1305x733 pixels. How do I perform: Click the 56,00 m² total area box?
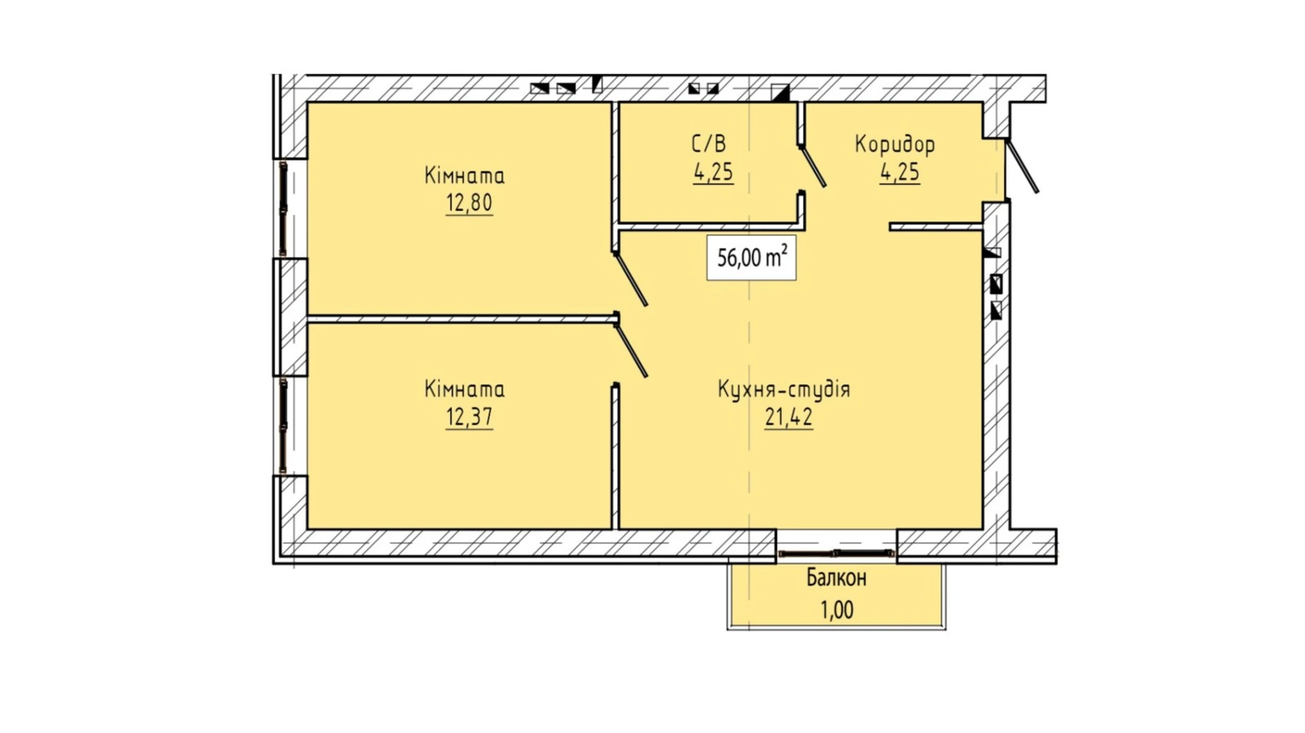point(751,258)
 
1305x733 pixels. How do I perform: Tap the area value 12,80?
point(469,203)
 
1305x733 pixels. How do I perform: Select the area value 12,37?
point(469,417)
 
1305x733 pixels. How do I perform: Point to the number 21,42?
point(789,417)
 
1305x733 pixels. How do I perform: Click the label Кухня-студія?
point(784,389)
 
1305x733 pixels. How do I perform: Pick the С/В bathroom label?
point(708,144)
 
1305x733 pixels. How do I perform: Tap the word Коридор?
point(895,144)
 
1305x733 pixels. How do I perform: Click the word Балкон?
point(837,578)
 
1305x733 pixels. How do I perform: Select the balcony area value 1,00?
point(837,610)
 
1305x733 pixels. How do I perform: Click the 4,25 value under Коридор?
point(899,172)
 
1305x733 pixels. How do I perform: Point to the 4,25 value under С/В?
point(713,172)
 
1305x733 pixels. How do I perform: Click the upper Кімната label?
point(464,175)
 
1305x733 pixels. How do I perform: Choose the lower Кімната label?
point(464,389)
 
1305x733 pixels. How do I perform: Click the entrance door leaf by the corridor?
point(1022,166)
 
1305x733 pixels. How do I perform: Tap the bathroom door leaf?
point(813,166)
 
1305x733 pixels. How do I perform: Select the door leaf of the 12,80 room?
point(631,280)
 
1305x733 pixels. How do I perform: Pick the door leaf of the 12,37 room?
point(631,350)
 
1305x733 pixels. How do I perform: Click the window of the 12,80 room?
point(284,209)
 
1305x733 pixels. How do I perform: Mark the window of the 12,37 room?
point(284,426)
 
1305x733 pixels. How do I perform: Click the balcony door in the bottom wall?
point(837,554)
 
